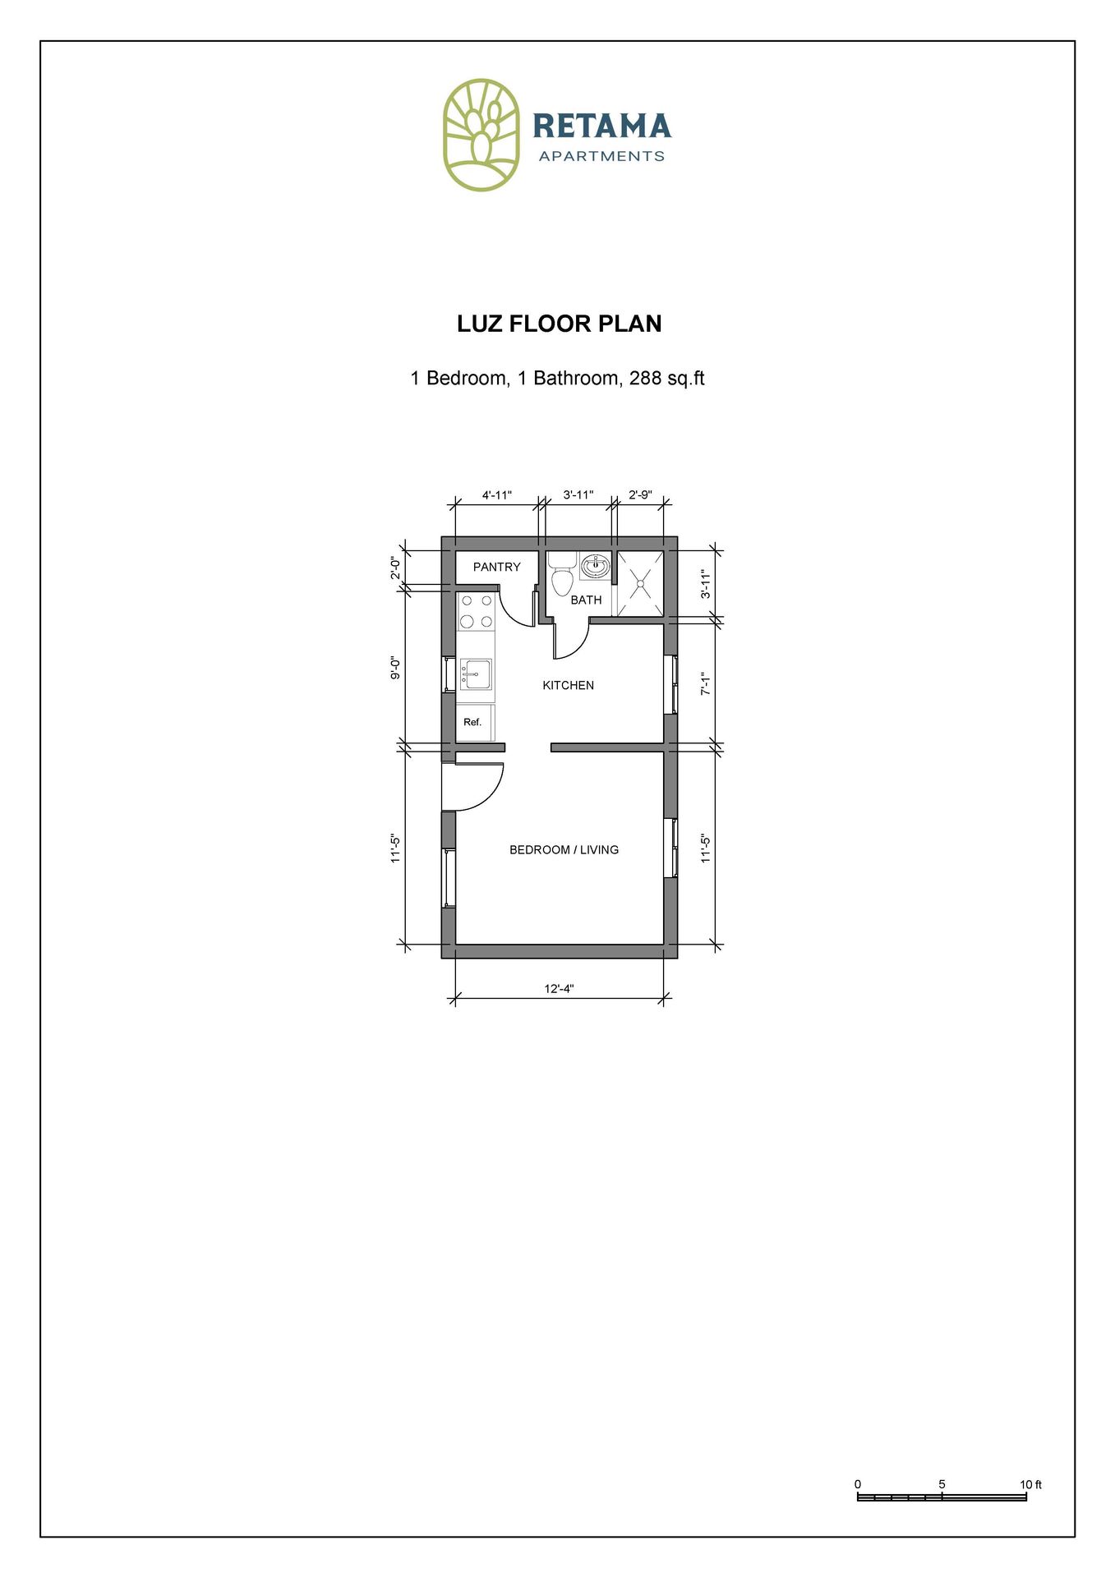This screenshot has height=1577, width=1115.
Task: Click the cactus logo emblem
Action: [481, 136]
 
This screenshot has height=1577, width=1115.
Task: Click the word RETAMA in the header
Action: [601, 126]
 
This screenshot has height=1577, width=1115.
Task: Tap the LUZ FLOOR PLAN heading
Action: [559, 324]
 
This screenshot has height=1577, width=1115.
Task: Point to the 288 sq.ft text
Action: [666, 379]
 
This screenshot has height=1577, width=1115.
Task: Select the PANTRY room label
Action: [496, 567]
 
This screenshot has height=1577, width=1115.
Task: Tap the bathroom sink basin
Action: [596, 566]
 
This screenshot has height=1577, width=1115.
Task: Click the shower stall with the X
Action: [640, 583]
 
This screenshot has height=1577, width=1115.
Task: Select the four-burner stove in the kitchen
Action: [477, 611]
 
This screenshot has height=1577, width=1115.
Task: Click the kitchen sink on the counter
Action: [476, 674]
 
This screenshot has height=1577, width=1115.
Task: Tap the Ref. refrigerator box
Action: [474, 722]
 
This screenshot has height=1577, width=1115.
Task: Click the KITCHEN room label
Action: [568, 685]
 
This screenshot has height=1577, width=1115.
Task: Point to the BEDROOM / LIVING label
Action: [564, 849]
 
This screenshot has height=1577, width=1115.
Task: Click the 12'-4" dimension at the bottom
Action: [559, 988]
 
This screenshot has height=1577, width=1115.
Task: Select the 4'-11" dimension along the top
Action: [496, 495]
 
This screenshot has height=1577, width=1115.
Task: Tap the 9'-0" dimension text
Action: [395, 668]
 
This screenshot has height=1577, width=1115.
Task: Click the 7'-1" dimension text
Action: [705, 683]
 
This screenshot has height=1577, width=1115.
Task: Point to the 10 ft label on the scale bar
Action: [1030, 1484]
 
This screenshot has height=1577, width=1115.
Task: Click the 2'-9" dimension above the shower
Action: [639, 495]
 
